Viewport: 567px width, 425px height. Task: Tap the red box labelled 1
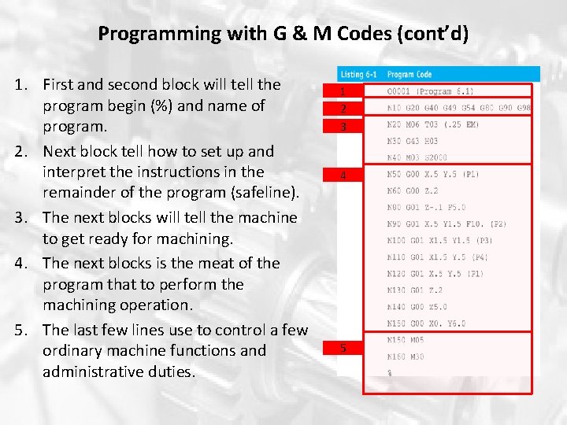click(x=343, y=92)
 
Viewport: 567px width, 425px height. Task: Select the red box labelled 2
click(x=343, y=109)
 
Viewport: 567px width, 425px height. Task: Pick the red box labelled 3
click(x=343, y=126)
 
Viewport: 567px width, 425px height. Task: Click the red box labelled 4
click(x=343, y=176)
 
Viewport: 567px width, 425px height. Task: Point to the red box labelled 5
click(x=343, y=348)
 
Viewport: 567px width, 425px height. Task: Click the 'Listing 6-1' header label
click(x=358, y=74)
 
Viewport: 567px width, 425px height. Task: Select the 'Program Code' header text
click(x=409, y=74)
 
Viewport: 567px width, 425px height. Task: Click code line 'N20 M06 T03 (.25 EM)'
click(x=433, y=124)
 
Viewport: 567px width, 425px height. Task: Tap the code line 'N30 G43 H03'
click(x=413, y=141)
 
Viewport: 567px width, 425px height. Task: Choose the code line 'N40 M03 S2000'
click(x=417, y=157)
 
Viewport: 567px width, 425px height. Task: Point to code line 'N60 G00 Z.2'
click(x=413, y=190)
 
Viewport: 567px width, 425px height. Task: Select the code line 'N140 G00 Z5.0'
click(x=418, y=307)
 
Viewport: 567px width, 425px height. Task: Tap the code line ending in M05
click(x=406, y=341)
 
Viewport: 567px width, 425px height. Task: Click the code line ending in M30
click(x=406, y=357)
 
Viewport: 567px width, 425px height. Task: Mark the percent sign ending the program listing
click(x=389, y=373)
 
